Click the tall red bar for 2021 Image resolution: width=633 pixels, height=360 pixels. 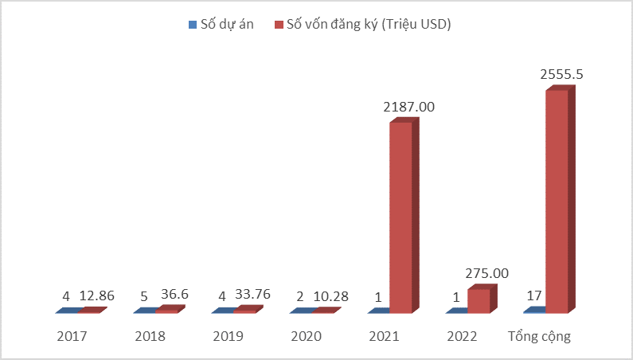point(401,215)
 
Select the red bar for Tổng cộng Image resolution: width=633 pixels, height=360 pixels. point(557,199)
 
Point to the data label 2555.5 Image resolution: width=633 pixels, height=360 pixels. point(562,74)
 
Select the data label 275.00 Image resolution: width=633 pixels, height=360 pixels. point(487,272)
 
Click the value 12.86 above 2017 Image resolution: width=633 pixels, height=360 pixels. point(97,295)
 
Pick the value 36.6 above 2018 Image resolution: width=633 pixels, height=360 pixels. point(173,295)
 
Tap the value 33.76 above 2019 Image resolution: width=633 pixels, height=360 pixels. point(253,295)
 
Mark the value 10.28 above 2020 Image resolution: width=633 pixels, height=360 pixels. point(331,295)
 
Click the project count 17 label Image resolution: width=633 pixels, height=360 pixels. point(534,295)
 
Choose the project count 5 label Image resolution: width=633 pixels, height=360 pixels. point(143,295)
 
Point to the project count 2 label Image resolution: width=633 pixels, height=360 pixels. point(300,295)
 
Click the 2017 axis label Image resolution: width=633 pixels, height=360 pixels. point(72,336)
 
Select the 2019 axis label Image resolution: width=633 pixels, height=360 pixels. point(228,336)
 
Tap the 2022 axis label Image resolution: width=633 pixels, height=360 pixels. point(462,336)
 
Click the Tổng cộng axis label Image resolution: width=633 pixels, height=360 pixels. point(540,336)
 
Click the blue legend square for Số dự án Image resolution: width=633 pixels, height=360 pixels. point(192,25)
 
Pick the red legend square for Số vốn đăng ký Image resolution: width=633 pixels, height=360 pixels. point(278,25)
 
